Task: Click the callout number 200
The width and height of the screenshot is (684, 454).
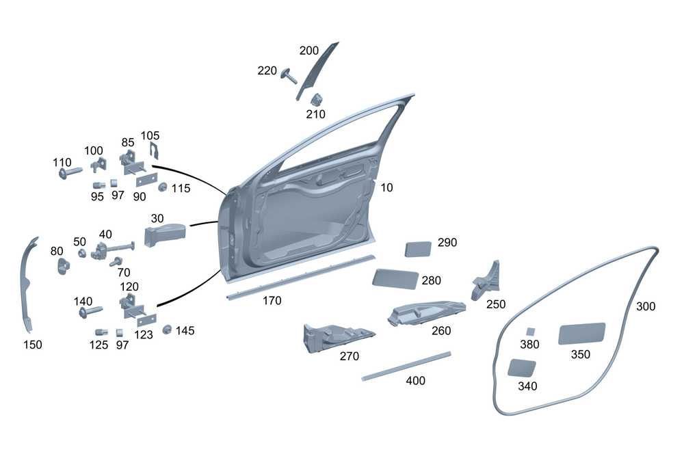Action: (x=309, y=51)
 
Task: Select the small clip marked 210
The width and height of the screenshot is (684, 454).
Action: (x=318, y=99)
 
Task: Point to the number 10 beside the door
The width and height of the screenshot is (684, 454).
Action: (x=387, y=187)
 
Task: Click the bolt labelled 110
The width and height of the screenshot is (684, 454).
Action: (x=70, y=174)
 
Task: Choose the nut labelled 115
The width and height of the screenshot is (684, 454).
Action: (x=163, y=187)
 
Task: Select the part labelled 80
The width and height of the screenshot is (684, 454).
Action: (x=63, y=265)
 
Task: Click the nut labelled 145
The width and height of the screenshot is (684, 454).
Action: (x=166, y=330)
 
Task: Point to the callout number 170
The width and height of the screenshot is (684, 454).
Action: (x=272, y=300)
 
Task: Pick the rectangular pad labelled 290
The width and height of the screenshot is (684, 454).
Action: (x=418, y=247)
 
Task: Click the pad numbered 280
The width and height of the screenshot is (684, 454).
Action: (x=395, y=278)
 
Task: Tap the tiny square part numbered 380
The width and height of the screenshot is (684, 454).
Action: (x=529, y=332)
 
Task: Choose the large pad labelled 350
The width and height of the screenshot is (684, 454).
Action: (x=582, y=332)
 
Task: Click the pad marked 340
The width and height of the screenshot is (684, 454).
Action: (x=522, y=367)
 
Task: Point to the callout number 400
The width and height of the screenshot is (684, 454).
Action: (x=416, y=380)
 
